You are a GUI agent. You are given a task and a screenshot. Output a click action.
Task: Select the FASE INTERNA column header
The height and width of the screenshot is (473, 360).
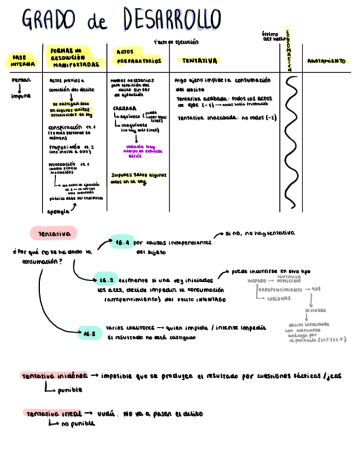[x=20, y=61]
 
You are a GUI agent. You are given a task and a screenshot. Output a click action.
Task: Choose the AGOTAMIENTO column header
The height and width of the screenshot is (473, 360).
[x=327, y=61]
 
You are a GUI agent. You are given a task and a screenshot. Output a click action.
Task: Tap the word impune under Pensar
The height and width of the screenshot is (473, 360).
[x=21, y=95]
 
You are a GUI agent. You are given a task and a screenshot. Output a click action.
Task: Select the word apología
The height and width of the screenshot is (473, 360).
[x=59, y=211]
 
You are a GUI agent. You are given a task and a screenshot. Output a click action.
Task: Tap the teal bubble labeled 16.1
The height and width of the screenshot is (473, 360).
[x=121, y=243]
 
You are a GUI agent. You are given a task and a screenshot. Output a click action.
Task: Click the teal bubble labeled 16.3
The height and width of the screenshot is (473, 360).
[x=90, y=334]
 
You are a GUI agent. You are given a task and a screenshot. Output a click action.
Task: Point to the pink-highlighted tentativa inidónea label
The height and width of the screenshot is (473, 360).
[x=55, y=377]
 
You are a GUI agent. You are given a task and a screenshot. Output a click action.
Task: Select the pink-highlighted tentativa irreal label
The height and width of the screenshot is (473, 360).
[x=54, y=414]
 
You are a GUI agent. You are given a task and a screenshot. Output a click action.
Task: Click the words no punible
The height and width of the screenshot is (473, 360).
[x=78, y=424]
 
